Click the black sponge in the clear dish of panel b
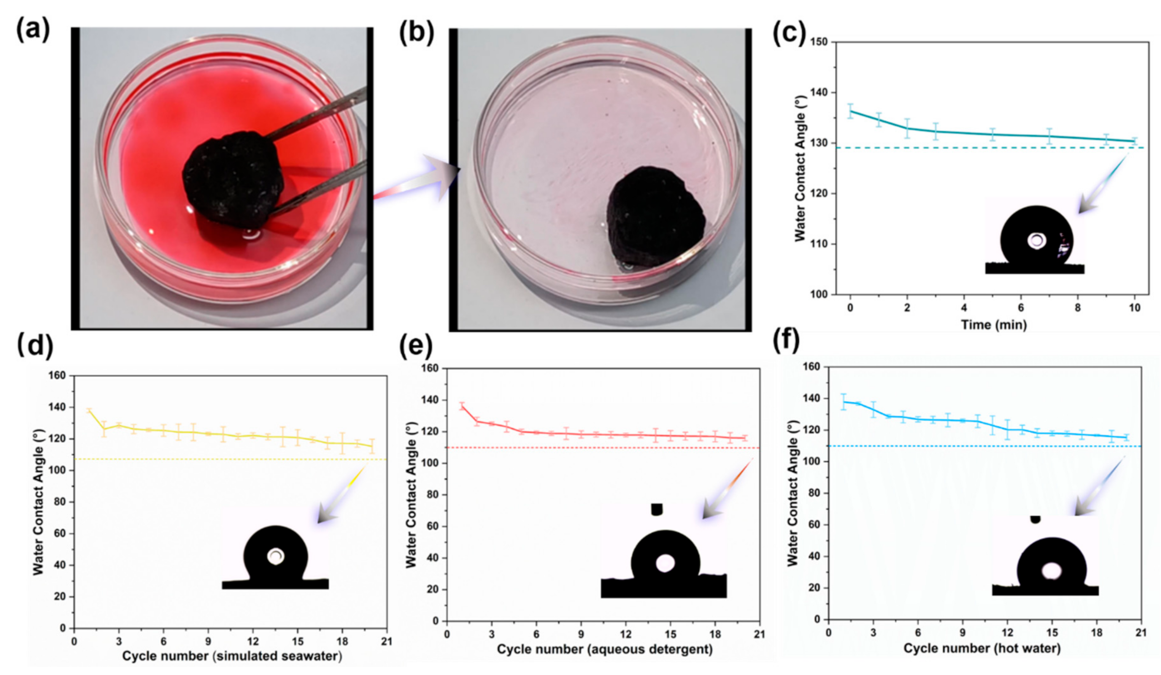[655, 217]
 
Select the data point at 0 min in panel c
[851, 111]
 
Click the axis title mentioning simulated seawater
[232, 655]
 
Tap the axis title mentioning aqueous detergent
[604, 649]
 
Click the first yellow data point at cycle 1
[89, 410]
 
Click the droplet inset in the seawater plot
[275, 556]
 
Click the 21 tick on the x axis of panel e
[759, 635]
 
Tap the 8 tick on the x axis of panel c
[1078, 307]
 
